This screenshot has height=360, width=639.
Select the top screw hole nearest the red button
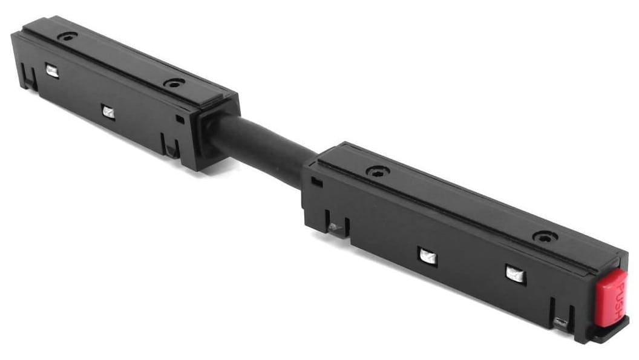coord(545,237)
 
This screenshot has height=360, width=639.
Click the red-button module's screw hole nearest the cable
coord(377,172)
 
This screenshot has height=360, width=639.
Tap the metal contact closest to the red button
coord(516,273)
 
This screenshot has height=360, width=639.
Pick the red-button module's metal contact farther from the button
coord(428,257)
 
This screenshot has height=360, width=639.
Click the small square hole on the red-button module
coord(316,182)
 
